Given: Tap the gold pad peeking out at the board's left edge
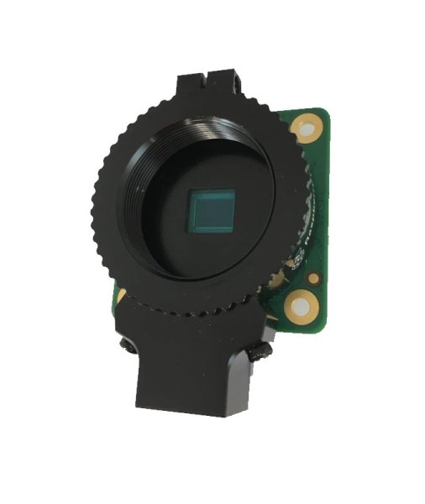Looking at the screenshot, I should pyautogui.click(x=122, y=296).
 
